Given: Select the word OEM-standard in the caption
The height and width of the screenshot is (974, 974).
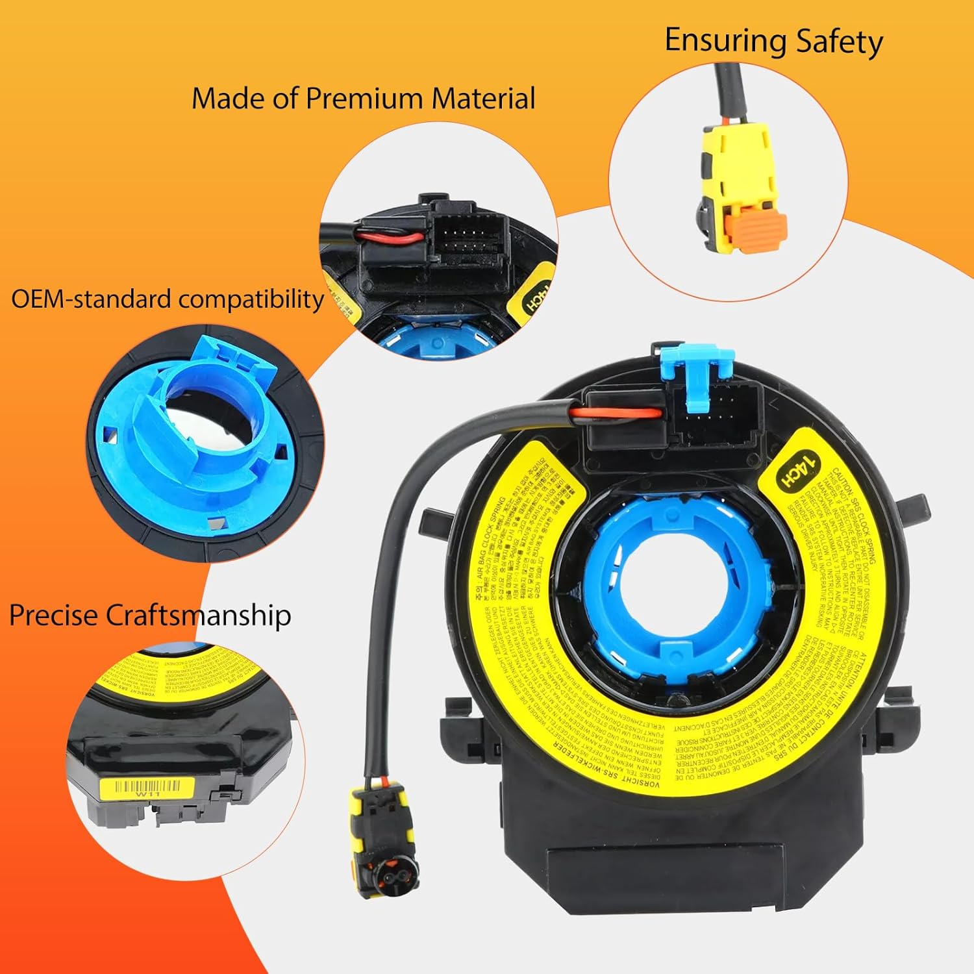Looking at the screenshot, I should tap(91, 299).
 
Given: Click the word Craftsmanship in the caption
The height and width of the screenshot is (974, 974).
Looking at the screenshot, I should tap(198, 616).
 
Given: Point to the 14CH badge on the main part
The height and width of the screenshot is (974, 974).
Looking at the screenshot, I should tap(798, 469).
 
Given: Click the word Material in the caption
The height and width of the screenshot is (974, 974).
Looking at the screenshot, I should tap(483, 99).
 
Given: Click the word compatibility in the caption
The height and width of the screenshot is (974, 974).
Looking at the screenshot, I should tap(251, 299).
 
